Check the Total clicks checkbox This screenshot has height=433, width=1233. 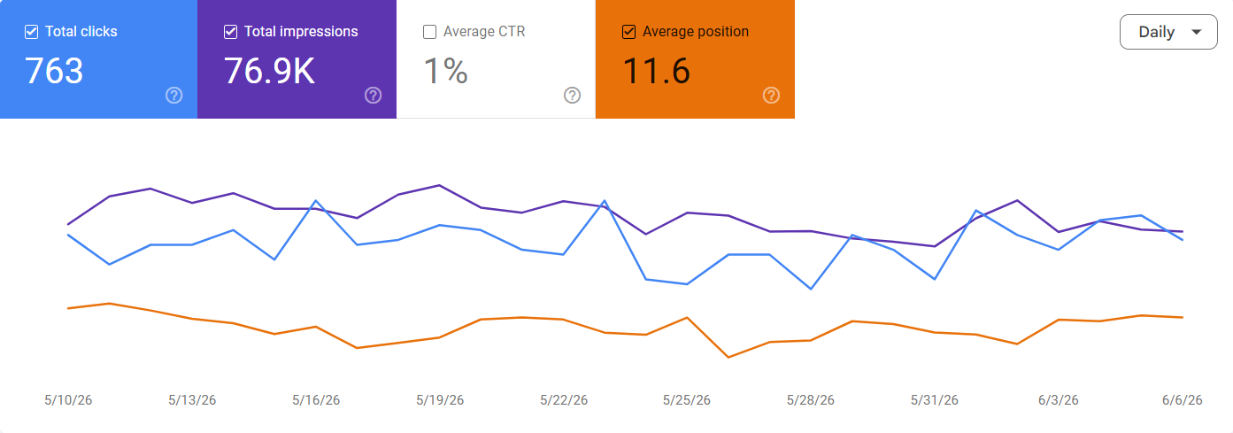pos(31,32)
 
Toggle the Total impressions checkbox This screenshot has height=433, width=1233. pos(231,32)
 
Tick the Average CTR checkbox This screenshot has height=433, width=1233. pos(430,32)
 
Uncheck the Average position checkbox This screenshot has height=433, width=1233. pos(629,32)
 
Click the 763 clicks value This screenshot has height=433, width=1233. pos(54,71)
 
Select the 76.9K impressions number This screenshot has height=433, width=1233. pos(270,71)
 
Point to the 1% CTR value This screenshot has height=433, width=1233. pos(446,71)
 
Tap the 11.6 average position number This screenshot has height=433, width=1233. pos(656,71)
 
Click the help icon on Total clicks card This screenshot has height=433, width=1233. pos(174,96)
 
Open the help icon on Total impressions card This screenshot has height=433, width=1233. pos(374,96)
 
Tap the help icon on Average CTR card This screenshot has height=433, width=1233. pos(573,96)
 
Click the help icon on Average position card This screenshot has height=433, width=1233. pos(771,96)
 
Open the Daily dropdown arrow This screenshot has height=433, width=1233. pos(1196,32)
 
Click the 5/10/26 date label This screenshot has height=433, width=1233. pos(68,400)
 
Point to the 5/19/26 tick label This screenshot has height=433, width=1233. pos(440,400)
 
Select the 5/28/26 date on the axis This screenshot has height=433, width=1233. pos(810,400)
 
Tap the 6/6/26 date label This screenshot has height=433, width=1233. pos(1183,400)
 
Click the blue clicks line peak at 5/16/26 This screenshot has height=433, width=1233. pos(316,201)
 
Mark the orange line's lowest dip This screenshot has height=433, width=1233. pos(728,357)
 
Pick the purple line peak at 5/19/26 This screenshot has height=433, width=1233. pos(439,186)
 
